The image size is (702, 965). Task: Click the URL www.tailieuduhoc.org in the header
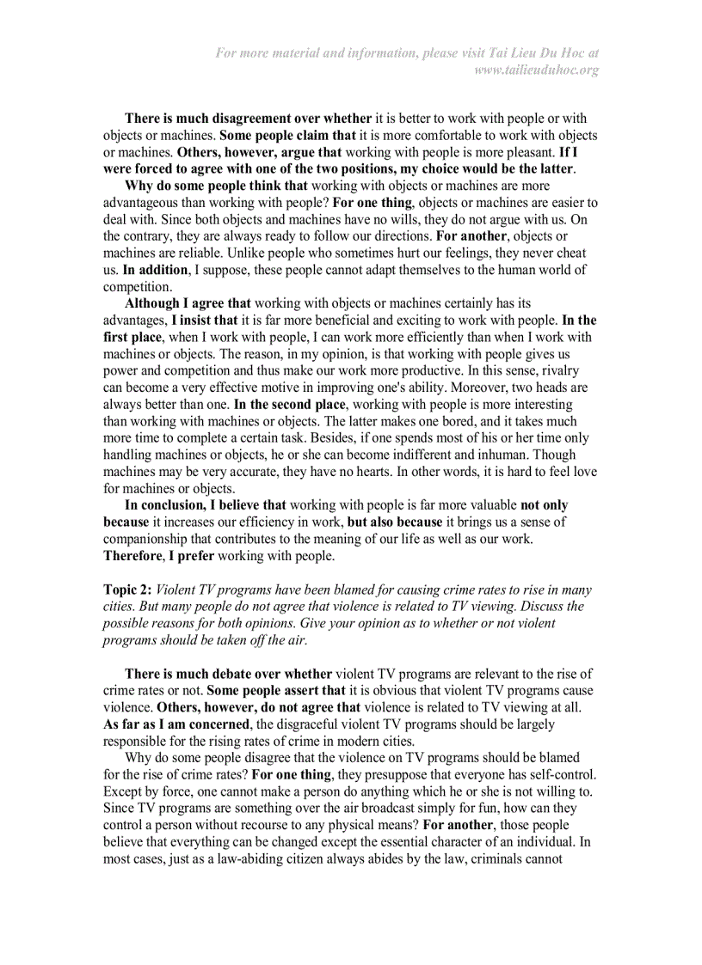[x=537, y=70]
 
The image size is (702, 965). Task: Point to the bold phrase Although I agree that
[x=188, y=303]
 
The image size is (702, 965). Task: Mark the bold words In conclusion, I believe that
[x=206, y=505]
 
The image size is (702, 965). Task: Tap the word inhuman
[x=504, y=455]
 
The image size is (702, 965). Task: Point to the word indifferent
[x=430, y=455]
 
